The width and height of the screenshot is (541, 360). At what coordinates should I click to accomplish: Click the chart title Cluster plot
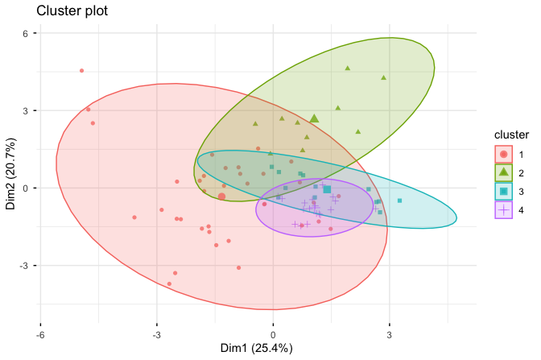coord(70,12)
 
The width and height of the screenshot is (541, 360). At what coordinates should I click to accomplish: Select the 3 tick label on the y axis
coord(26,110)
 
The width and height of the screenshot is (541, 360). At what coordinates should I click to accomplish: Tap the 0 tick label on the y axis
coord(26,188)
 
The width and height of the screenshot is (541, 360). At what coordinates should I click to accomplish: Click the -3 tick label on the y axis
coord(24,265)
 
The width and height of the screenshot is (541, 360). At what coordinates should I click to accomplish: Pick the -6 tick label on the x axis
coord(40,333)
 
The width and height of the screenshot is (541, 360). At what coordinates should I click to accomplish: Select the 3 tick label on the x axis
coord(390,333)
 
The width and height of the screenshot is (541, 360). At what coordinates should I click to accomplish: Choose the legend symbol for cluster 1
coord(503,153)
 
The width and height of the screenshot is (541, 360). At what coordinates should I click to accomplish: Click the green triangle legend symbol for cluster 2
coord(503,172)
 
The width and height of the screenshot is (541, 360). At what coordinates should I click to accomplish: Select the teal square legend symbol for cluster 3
coord(503,191)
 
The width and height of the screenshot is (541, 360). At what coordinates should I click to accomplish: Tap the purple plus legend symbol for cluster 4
coord(503,209)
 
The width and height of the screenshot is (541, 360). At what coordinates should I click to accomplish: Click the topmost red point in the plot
coord(81,71)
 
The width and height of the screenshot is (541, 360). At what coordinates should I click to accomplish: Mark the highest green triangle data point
coord(348,68)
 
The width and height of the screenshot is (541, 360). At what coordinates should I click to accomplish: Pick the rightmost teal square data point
coord(399,201)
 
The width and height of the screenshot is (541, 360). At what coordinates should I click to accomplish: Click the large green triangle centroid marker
coord(314,118)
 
